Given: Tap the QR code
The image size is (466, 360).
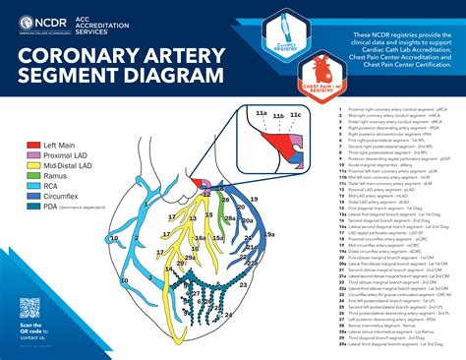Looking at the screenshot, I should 31,307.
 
